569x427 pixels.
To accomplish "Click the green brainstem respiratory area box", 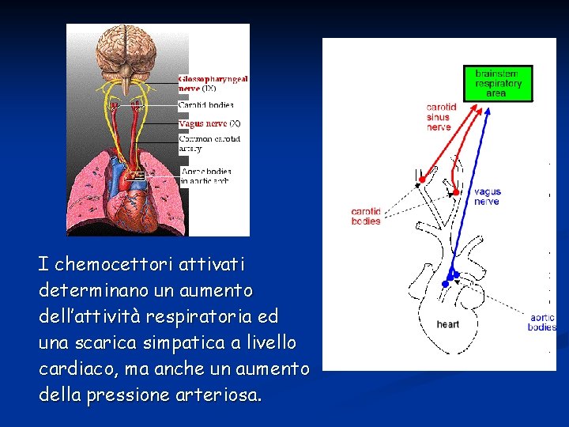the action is (x=498, y=83).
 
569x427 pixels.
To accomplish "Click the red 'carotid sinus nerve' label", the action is (x=440, y=117).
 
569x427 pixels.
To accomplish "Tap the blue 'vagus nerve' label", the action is (x=487, y=196).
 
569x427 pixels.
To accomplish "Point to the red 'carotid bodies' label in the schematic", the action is (x=366, y=216).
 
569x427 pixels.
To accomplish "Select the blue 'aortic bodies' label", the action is (x=542, y=322).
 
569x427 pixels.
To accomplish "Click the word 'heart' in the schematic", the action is (x=447, y=324).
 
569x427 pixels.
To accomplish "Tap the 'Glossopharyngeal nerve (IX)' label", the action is (x=213, y=84).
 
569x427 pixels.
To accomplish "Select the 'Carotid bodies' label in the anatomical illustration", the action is (x=205, y=104).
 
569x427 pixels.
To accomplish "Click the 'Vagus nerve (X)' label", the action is (x=209, y=123).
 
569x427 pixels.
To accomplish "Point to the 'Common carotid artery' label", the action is (x=209, y=143).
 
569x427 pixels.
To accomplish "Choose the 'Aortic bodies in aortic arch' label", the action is (x=205, y=176).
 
